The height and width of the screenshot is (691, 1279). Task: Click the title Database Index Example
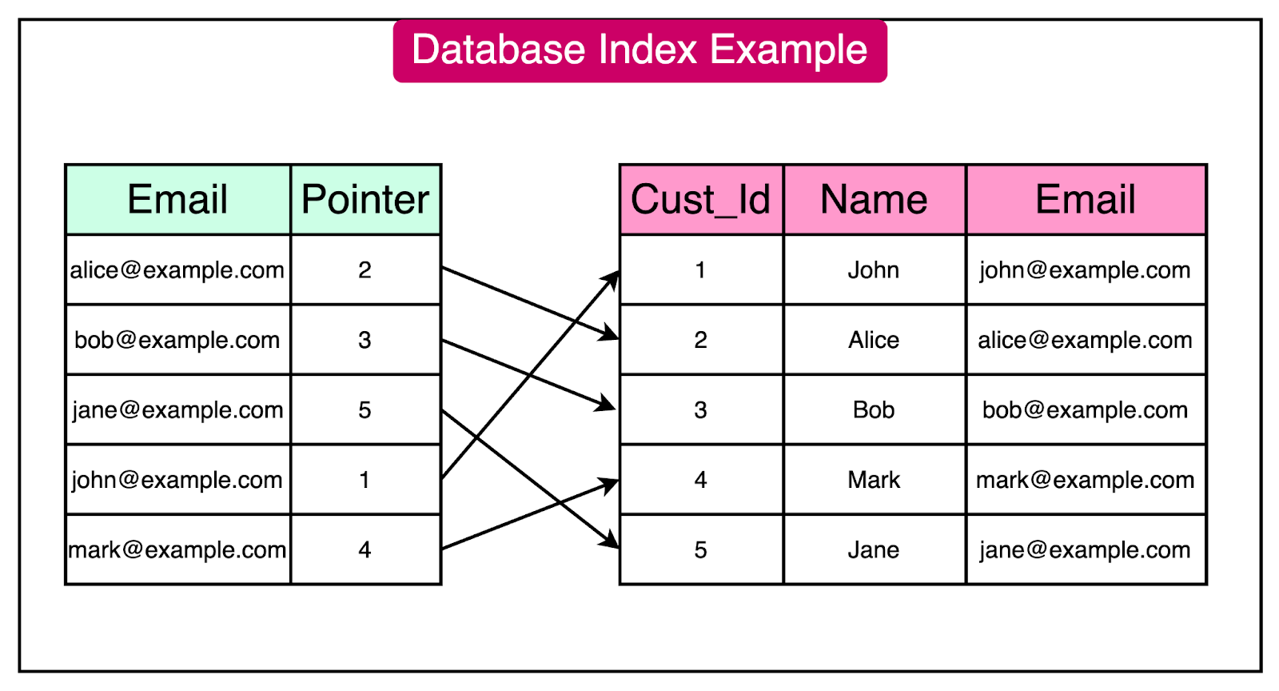coord(639,50)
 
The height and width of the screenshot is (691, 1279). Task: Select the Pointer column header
coord(365,199)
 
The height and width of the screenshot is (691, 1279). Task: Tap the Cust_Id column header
coord(700,199)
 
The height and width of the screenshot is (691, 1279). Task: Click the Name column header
coord(874,199)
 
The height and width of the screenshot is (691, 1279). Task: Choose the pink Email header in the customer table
coord(1085,199)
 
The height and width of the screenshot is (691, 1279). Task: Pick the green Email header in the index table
coord(177,199)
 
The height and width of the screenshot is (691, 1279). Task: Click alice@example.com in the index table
coord(177,270)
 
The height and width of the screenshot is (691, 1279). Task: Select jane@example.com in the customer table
coord(1085,550)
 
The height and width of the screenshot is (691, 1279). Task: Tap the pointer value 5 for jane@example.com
coord(365,410)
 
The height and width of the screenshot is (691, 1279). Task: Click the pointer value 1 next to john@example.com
coord(365,480)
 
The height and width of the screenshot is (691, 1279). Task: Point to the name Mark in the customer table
coord(874,480)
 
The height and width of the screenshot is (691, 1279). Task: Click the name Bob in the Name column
coord(874,410)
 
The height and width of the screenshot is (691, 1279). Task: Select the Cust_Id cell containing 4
coord(700,480)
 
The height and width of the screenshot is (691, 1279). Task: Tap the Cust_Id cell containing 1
coord(700,270)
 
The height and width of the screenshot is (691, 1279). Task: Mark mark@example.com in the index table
coord(177,550)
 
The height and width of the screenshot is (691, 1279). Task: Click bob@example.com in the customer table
coord(1085,410)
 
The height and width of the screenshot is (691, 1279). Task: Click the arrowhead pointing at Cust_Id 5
coord(612,542)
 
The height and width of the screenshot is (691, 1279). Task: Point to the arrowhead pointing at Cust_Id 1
coord(613,278)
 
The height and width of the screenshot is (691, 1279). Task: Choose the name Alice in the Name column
coord(874,340)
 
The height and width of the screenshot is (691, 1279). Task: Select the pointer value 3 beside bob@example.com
coord(365,340)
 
